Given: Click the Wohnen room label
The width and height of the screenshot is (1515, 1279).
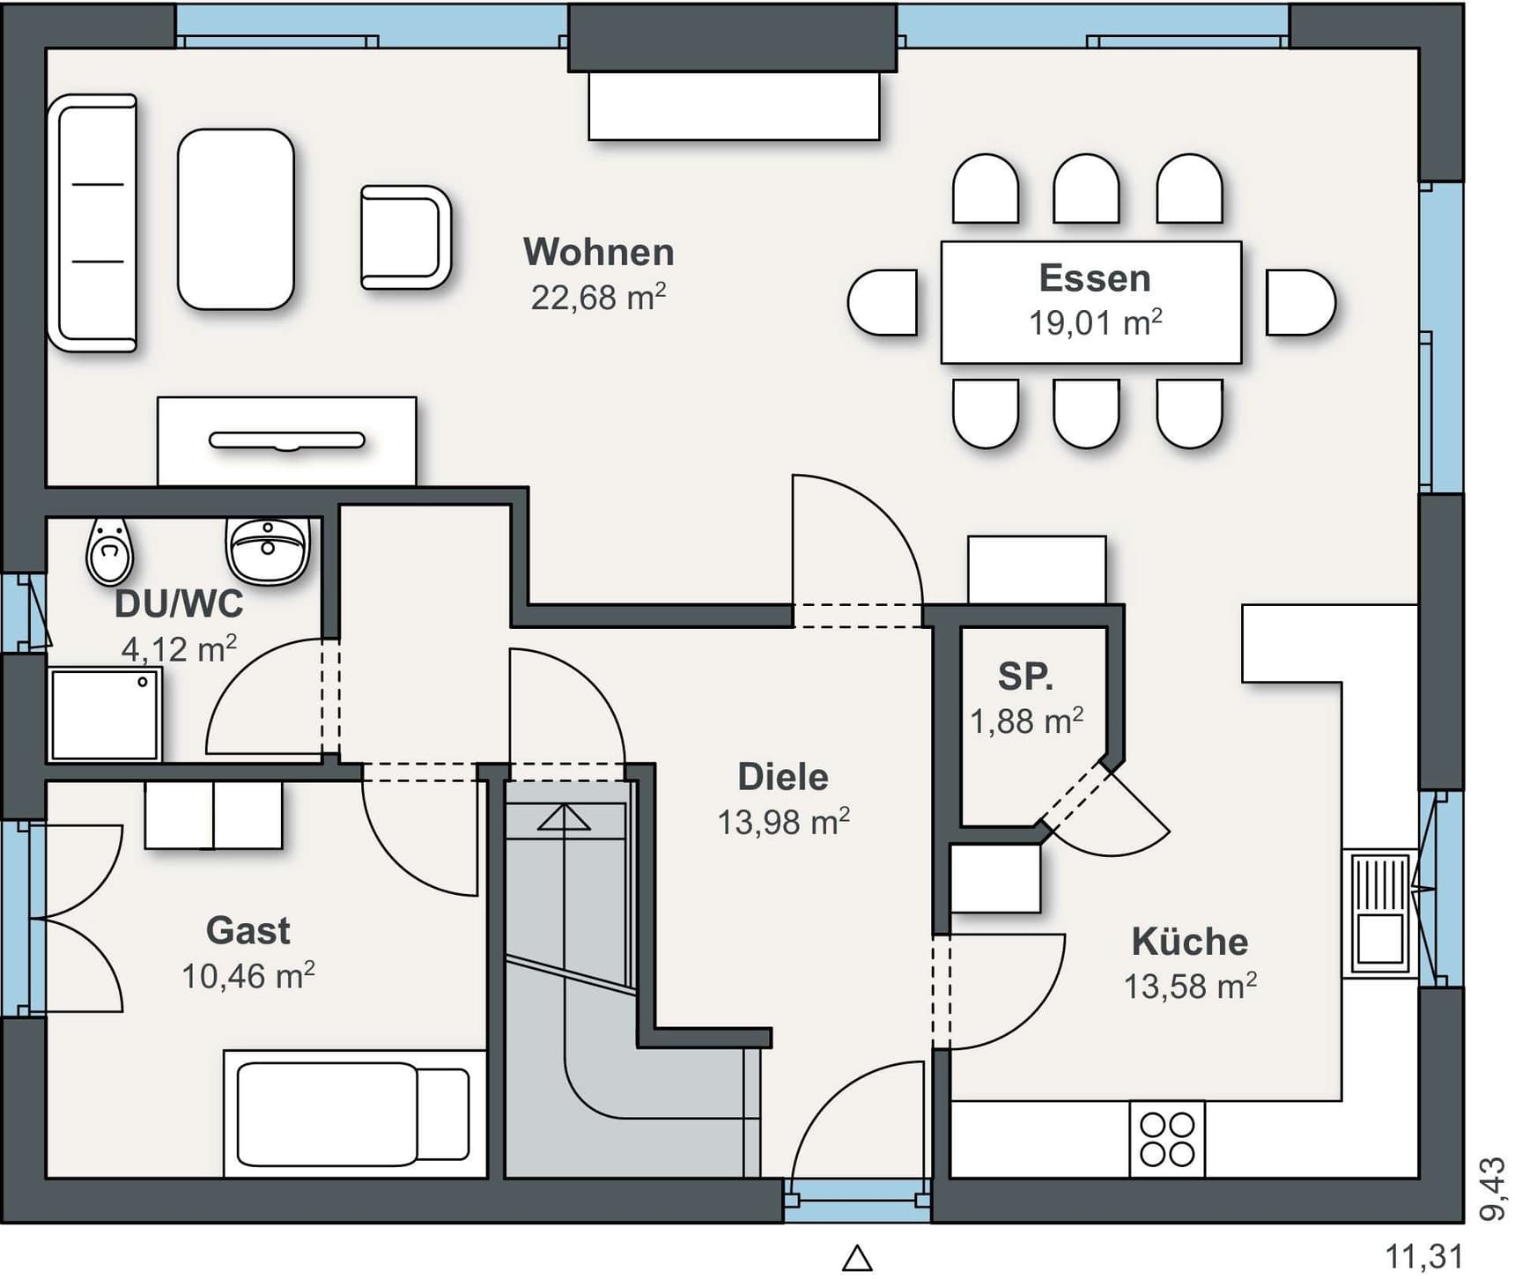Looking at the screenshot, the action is click(x=599, y=252).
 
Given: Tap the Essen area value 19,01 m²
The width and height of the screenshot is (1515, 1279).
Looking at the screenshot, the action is click(x=1095, y=322).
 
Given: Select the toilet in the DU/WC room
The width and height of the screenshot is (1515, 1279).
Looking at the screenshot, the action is click(x=109, y=551).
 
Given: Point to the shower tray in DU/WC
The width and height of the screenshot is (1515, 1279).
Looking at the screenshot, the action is click(x=105, y=714).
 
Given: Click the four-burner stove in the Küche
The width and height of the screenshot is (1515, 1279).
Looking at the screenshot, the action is click(x=1167, y=1139).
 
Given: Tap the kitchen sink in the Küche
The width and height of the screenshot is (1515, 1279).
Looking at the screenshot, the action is click(x=1379, y=913).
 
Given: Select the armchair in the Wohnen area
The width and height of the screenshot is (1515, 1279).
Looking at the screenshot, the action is click(x=405, y=237).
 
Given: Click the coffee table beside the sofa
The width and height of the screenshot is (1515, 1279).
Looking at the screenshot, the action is click(x=236, y=219).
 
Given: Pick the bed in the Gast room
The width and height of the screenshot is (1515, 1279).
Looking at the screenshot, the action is click(x=355, y=1113).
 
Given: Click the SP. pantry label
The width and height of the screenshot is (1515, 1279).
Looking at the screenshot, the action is click(x=1025, y=676).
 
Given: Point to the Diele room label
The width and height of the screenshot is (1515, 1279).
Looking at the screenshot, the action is click(x=783, y=777).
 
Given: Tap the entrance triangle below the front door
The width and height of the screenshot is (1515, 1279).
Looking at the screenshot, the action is click(x=857, y=1258).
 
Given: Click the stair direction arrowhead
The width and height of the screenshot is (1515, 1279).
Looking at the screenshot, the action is click(x=564, y=817).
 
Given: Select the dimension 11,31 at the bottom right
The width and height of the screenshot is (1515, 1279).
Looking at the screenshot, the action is click(x=1424, y=1256).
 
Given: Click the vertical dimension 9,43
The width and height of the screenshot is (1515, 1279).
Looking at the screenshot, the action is click(x=1491, y=1189).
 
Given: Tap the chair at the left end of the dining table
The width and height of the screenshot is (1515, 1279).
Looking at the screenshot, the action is click(x=883, y=302).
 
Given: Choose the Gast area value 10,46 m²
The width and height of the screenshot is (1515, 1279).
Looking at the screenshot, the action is click(x=248, y=976).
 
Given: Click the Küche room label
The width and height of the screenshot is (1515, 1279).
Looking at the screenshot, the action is click(x=1190, y=942).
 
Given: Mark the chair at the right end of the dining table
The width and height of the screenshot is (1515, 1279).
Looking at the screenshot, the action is click(x=1301, y=302).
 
